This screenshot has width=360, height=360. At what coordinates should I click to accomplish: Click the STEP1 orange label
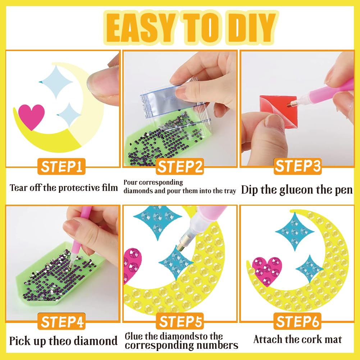tap(61, 167)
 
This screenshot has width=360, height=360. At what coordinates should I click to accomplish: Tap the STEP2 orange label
tap(180, 167)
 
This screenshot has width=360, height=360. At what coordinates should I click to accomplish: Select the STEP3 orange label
tap(297, 166)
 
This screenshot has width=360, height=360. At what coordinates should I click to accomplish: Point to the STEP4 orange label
tap(61, 321)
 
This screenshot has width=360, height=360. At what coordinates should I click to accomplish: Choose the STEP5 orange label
tap(180, 321)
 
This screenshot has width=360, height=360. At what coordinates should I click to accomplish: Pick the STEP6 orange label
tap(297, 321)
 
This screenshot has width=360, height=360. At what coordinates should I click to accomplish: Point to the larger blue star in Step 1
tap(56, 82)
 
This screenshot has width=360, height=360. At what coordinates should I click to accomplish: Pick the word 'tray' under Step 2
tap(230, 191)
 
